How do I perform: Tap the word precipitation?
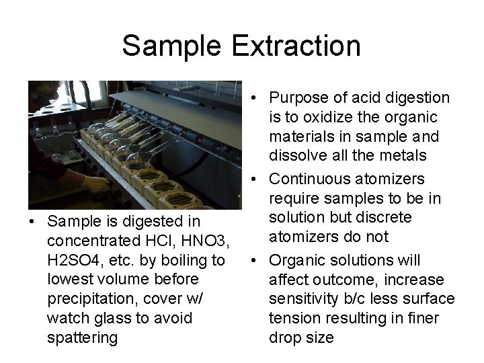pos(85,298)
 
